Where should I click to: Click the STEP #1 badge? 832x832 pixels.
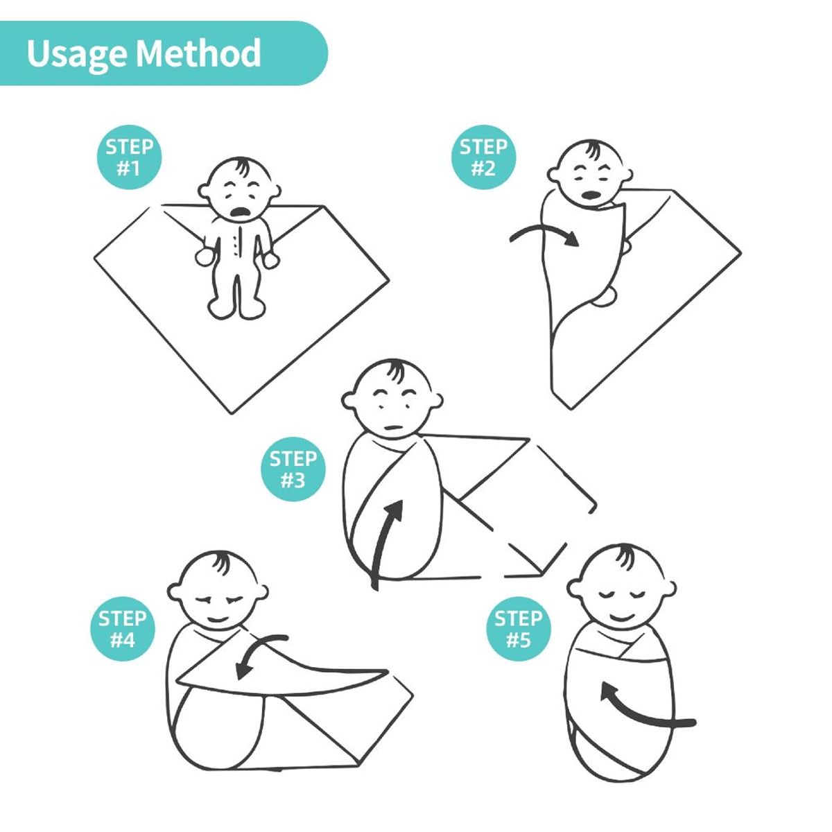129,157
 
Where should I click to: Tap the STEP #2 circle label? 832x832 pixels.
483,157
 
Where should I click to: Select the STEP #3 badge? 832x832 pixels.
293,469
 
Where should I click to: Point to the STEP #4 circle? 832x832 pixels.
123,629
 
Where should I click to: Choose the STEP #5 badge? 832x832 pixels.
518,629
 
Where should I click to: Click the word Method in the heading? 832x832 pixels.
198,53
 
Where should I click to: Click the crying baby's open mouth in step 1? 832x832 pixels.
240,212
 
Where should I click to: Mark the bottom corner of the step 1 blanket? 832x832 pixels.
234,413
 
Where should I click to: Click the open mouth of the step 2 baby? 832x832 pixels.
590,195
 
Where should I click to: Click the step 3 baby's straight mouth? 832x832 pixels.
392,428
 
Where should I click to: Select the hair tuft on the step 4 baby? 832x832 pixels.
223,562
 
